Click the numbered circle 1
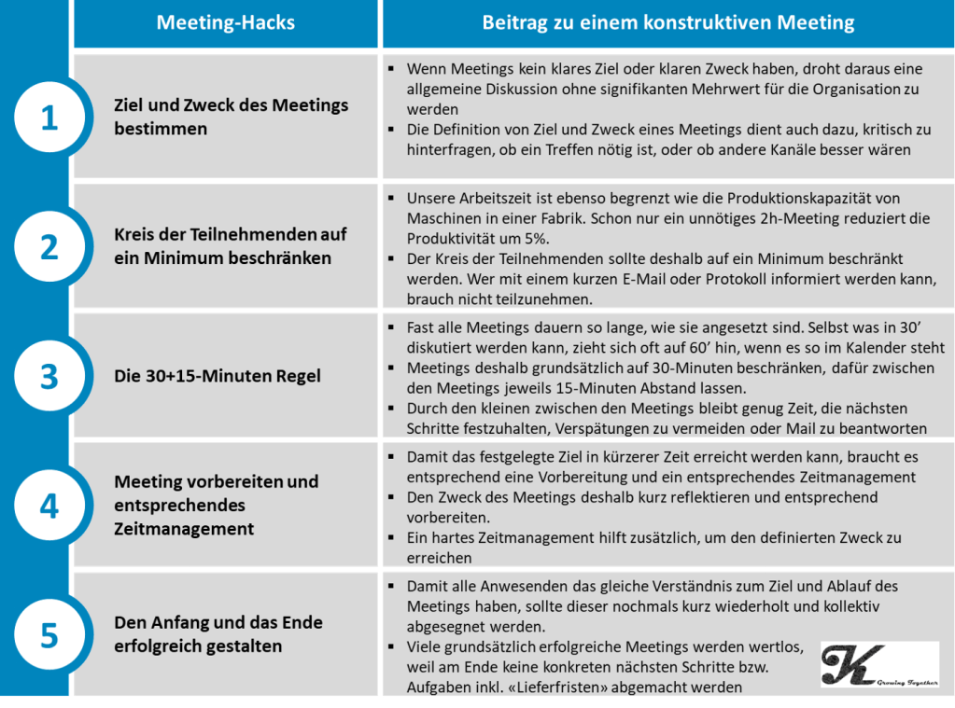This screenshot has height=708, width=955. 49,118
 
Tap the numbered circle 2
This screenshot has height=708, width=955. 49,247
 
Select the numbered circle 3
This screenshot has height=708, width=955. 49,377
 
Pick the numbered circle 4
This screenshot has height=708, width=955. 49,507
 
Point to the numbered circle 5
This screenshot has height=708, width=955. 49,636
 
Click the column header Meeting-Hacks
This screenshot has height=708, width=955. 225,23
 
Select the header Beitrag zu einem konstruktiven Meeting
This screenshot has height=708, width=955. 667,23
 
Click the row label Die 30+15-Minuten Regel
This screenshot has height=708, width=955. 218,377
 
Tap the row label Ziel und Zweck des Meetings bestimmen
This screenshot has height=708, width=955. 231,117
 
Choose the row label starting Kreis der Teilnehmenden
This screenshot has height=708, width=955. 230,246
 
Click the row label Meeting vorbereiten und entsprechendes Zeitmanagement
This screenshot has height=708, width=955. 216,506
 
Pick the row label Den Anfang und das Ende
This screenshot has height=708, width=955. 218,634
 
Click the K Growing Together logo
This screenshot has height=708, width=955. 879,663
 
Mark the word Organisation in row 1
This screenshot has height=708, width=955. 846,90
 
